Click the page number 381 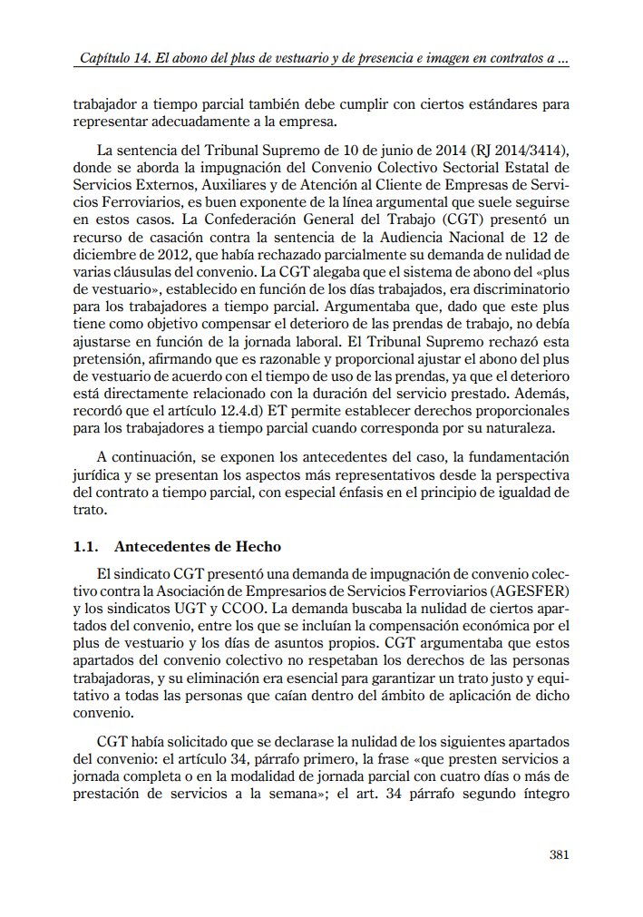559,854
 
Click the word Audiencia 388,219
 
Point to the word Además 543,393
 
